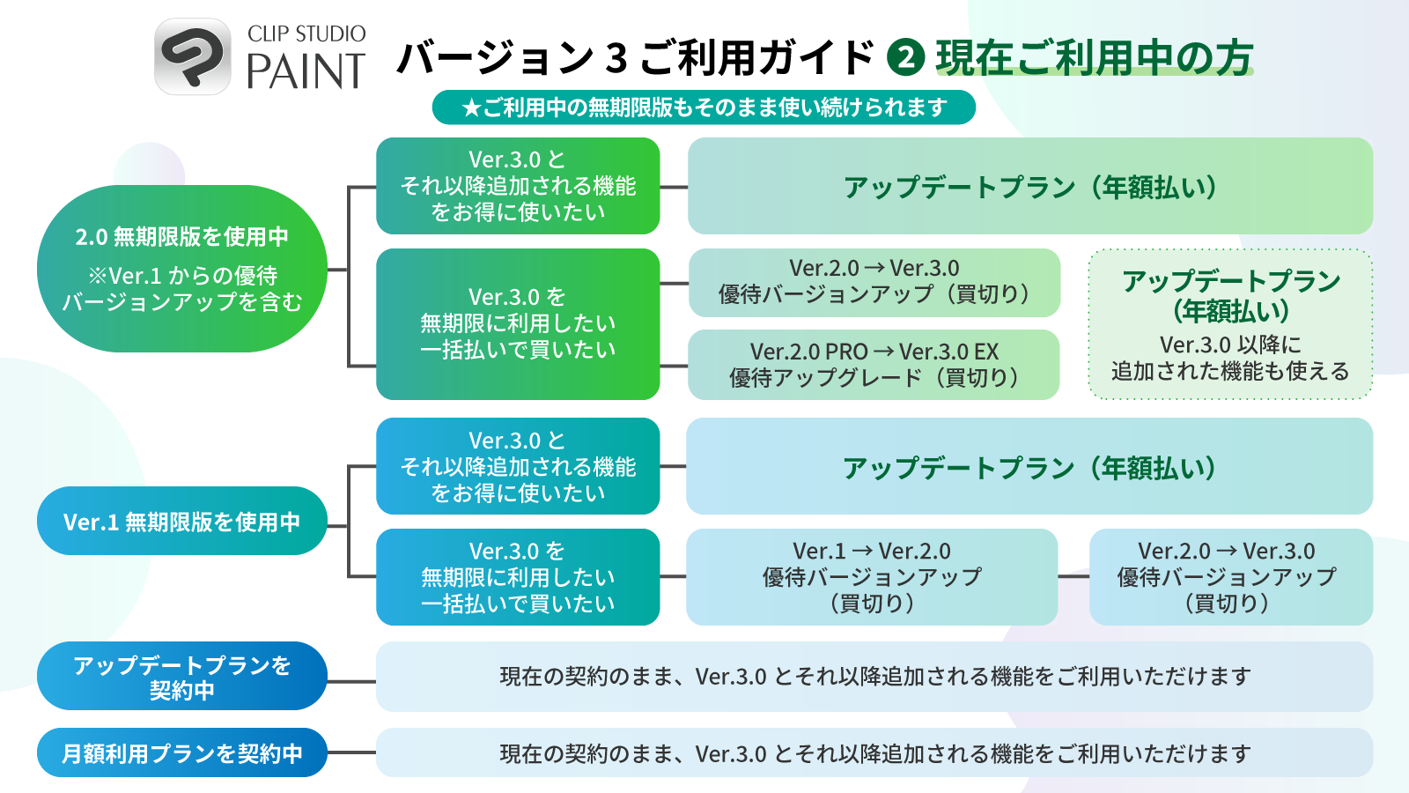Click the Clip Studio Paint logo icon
[193, 56]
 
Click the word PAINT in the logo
[306, 72]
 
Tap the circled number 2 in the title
[905, 57]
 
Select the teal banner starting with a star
[704, 107]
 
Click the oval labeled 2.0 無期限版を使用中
[182, 268]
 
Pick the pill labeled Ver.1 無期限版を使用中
[182, 521]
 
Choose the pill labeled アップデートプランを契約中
[182, 676]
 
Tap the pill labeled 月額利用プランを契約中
[182, 752]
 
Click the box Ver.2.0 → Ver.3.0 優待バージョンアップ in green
[874, 282]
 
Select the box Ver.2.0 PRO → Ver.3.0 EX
[874, 364]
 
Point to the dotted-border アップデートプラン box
[1230, 323]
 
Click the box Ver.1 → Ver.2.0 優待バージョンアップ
[872, 576]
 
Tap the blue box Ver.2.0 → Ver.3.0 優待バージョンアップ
[1230, 576]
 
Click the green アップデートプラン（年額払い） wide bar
[1029, 186]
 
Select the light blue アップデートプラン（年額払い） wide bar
[1029, 466]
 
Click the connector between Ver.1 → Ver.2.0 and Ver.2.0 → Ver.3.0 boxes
[1073, 576]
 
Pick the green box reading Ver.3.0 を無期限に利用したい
[518, 323]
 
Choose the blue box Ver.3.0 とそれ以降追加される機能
[518, 466]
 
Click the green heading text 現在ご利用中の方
[1094, 57]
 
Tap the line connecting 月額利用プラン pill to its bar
[351, 752]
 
